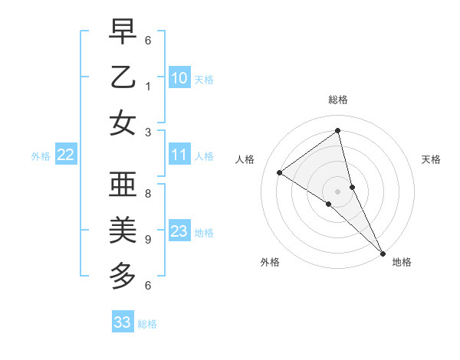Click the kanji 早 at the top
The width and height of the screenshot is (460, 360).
click(x=123, y=33)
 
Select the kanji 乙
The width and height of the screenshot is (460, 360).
click(x=123, y=78)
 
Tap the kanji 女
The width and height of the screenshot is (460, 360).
click(x=123, y=123)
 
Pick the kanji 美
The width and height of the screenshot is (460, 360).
click(x=123, y=230)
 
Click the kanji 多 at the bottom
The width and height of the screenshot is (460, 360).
click(x=123, y=275)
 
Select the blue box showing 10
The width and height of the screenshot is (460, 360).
click(x=179, y=78)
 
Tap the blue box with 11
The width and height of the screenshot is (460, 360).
click(x=179, y=155)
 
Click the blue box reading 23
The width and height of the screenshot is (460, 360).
click(x=179, y=231)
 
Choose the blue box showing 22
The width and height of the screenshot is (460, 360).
click(x=66, y=155)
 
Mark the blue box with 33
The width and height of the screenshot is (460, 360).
click(x=123, y=322)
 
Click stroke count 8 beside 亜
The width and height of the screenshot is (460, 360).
click(x=148, y=194)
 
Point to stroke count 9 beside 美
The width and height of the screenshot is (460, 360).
click(x=148, y=240)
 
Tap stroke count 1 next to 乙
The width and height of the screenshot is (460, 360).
click(x=148, y=87)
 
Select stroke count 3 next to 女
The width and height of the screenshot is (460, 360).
click(x=148, y=133)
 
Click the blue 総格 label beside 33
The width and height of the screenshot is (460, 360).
click(x=147, y=324)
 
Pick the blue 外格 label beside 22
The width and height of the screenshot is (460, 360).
click(x=41, y=156)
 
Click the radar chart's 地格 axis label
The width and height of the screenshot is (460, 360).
click(x=402, y=262)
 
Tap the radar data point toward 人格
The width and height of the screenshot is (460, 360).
click(x=280, y=172)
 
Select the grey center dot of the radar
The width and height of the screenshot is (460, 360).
click(x=337, y=191)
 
